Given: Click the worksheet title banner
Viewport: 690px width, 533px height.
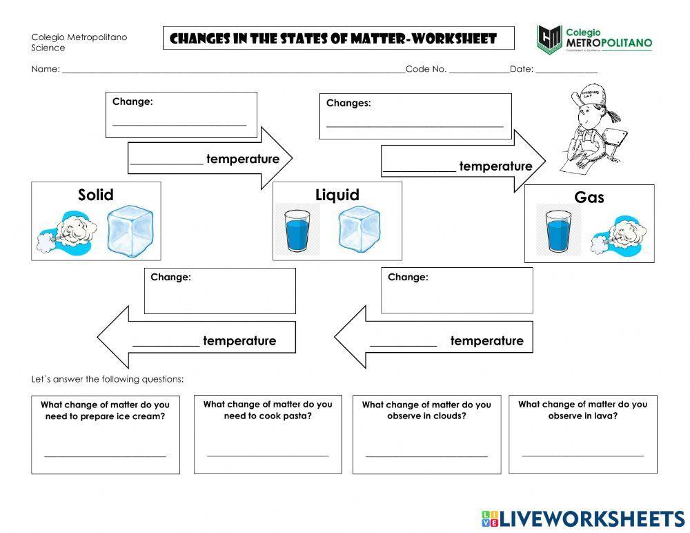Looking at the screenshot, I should click(x=339, y=39).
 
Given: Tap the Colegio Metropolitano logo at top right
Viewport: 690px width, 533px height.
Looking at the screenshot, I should click(x=594, y=39).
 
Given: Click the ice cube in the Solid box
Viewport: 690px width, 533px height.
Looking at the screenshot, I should click(x=130, y=230).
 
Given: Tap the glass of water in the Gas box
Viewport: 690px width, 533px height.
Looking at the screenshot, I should click(x=558, y=231).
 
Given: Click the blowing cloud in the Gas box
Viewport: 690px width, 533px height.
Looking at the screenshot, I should click(x=618, y=235).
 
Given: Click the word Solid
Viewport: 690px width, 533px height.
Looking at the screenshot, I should click(x=96, y=195).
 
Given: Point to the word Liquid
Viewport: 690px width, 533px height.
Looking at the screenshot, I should click(x=337, y=195).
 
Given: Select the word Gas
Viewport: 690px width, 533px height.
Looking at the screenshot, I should click(x=589, y=197).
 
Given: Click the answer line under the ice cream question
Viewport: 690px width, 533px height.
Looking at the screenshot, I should click(x=106, y=456).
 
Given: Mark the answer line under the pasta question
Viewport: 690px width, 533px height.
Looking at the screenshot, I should click(x=268, y=456).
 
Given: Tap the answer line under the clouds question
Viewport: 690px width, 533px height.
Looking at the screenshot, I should click(x=426, y=456).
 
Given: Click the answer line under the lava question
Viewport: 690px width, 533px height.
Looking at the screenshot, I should click(x=583, y=455).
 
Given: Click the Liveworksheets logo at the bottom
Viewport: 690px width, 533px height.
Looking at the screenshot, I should click(x=583, y=519).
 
